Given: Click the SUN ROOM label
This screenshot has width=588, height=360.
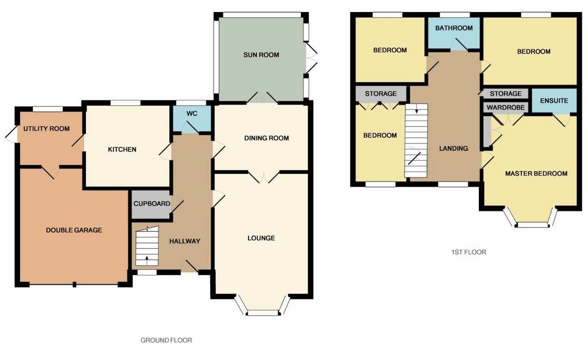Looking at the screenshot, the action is click(x=261, y=55).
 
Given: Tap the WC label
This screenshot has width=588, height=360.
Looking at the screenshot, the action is click(x=192, y=113).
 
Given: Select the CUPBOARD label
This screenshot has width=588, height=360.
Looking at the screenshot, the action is click(x=152, y=204).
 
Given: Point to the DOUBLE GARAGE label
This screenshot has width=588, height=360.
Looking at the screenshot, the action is click(x=74, y=230).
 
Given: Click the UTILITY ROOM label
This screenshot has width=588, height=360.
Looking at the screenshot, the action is click(x=47, y=129).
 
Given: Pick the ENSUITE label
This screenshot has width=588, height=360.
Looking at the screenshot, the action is click(x=554, y=100).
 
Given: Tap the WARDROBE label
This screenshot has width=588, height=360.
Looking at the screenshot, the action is click(x=505, y=107).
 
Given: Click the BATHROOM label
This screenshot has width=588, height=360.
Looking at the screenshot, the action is click(x=454, y=28).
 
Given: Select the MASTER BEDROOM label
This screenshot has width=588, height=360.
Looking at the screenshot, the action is click(x=536, y=173).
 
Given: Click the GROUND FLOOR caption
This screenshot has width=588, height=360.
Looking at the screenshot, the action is click(x=166, y=340).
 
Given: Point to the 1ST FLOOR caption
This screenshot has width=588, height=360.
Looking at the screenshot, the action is click(x=469, y=252).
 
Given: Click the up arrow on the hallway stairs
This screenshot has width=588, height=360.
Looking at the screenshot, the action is click(x=146, y=258).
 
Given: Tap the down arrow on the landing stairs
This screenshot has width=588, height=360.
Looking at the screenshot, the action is click(x=416, y=110).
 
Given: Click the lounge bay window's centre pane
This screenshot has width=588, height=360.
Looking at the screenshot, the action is click(x=263, y=313).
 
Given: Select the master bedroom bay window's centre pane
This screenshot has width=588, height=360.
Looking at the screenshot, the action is click(x=532, y=225).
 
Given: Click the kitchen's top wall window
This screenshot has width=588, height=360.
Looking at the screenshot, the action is click(x=126, y=103).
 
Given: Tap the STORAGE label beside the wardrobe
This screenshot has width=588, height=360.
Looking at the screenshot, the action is click(x=505, y=94).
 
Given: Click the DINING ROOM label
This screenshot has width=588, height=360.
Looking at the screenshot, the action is click(x=266, y=138).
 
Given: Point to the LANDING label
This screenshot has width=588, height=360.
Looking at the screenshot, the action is click(x=454, y=148).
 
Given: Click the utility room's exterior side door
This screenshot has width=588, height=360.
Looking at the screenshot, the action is click(x=12, y=133).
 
